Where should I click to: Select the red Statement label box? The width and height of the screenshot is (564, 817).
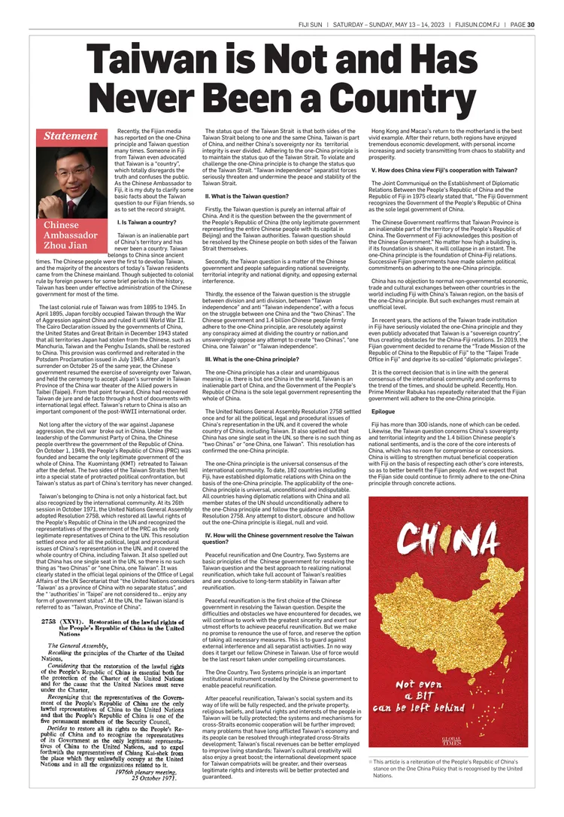point(70,136)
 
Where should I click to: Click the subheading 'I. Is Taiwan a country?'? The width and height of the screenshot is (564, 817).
point(147,222)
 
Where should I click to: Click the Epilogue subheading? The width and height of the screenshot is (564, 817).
point(383,412)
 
